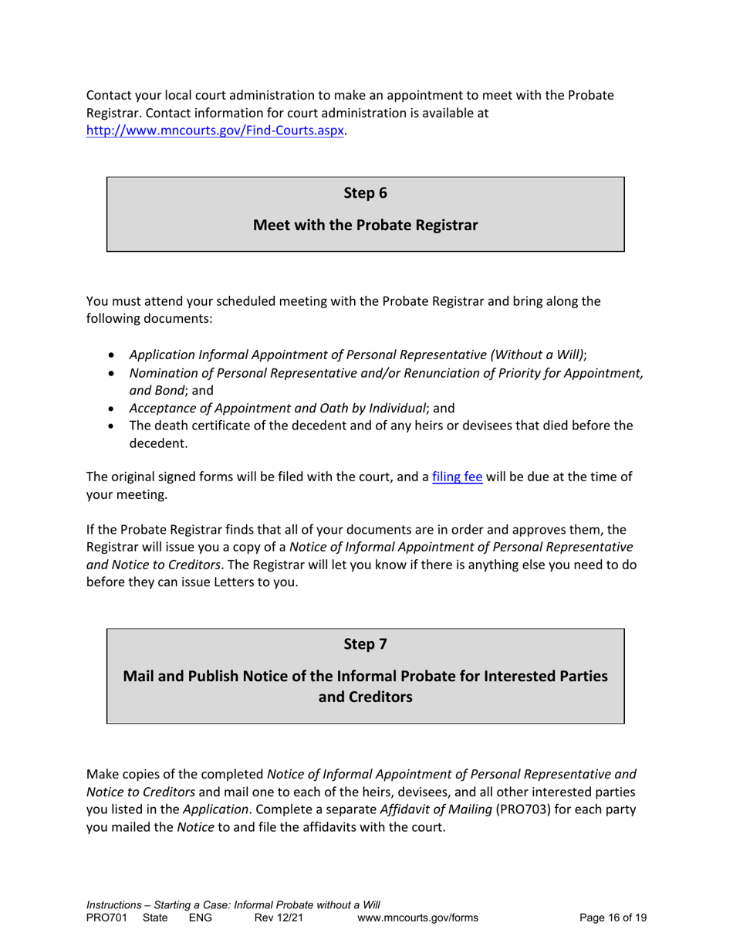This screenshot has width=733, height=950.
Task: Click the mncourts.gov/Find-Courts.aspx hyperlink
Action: pos(215,131)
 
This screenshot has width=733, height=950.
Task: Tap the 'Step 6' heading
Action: pos(365,193)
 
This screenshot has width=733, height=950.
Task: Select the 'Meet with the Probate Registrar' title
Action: pos(365,226)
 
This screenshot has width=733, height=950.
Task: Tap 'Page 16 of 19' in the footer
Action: pos(613,918)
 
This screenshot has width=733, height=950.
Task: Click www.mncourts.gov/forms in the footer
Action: pos(419,918)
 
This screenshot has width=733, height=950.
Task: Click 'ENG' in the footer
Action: pos(201,918)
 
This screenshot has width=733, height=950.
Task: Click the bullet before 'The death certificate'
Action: pos(115,426)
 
